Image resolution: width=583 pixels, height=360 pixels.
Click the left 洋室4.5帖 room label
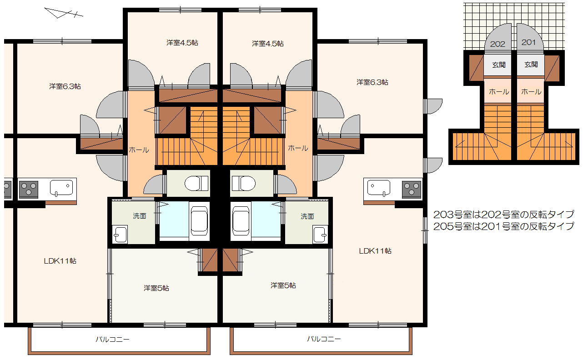(182, 43)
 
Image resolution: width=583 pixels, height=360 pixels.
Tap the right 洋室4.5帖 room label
(267, 44)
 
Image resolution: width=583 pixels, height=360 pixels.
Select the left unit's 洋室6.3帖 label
(65, 86)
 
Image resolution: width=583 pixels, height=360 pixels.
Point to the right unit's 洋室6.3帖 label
(372, 82)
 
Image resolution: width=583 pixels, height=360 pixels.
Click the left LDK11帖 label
(60, 261)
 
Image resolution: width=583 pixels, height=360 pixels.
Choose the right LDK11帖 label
(375, 251)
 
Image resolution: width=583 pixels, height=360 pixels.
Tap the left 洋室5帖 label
(156, 288)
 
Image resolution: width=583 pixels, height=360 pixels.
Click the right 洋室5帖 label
(283, 285)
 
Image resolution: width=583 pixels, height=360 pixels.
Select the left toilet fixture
(196, 183)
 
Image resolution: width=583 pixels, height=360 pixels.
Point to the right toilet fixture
(244, 183)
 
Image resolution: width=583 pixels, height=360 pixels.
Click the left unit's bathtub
(199, 221)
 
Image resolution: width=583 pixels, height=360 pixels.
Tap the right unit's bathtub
(241, 221)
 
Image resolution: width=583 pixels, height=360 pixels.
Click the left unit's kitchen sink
(61, 188)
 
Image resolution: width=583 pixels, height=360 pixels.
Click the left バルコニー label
(112, 339)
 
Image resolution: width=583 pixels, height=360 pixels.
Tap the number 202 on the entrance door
(498, 44)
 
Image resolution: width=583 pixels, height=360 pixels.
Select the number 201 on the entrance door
(528, 42)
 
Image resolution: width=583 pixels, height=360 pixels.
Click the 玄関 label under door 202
(499, 65)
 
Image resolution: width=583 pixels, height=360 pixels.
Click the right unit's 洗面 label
(307, 216)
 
